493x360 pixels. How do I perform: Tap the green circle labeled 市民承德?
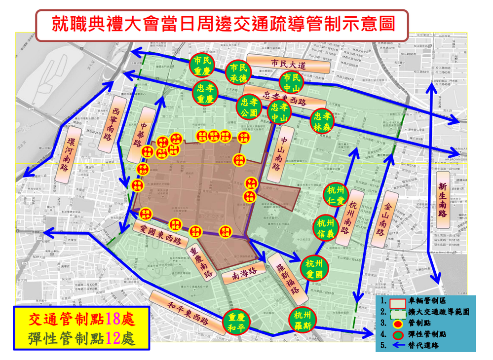pos(239,72)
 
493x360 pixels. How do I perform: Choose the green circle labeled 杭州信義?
pos(326,227)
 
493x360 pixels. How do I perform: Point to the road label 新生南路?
pos(442,200)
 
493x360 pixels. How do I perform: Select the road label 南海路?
pos(239,277)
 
